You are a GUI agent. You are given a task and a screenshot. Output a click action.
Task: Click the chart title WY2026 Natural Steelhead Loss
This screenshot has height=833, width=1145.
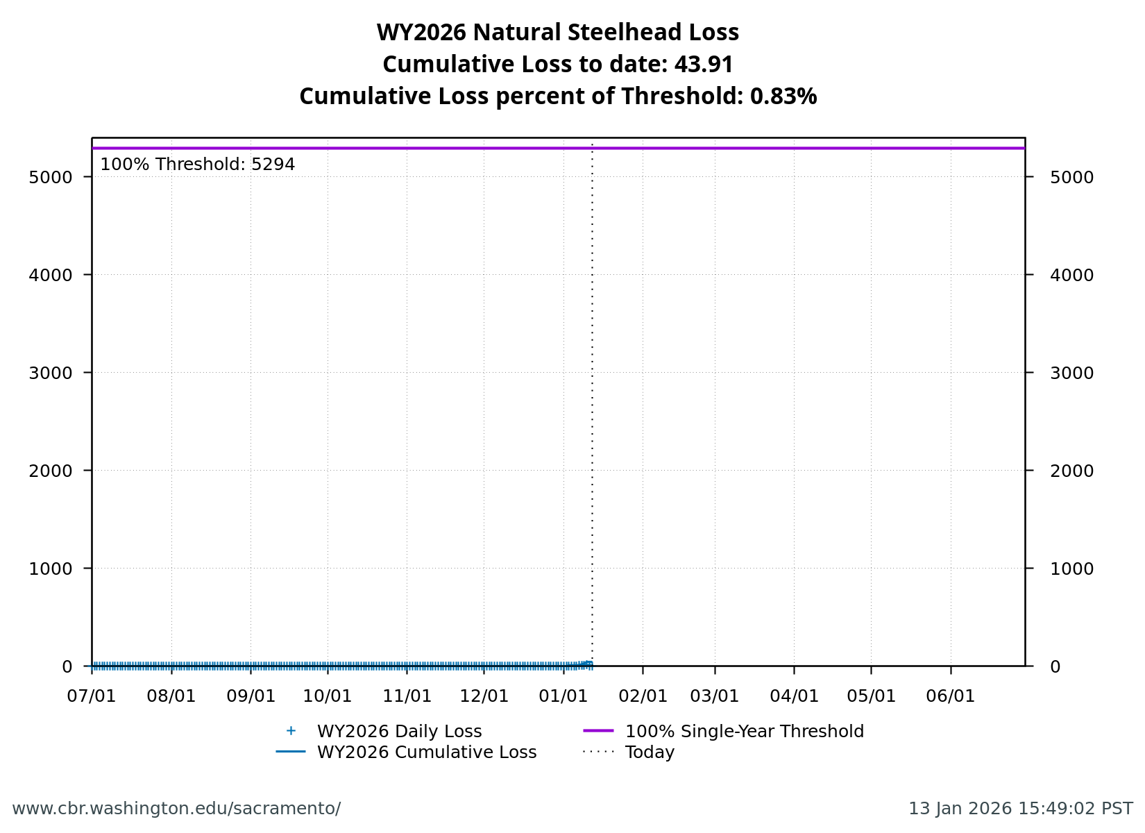[x=557, y=33]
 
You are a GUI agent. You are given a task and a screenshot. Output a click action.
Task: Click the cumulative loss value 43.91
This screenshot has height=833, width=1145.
[x=704, y=65]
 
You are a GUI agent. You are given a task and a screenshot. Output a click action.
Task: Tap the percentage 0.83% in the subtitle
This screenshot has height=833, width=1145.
[x=783, y=96]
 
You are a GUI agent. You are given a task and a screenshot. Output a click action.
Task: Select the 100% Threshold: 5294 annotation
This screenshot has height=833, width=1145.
[x=197, y=165]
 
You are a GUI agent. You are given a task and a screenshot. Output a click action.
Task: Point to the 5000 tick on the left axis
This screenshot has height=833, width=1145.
[x=51, y=177]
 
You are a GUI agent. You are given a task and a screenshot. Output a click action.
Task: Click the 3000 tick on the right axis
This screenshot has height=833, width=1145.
[x=1071, y=373]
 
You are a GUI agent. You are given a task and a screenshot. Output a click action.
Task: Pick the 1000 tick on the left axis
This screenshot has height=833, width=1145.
[x=51, y=569]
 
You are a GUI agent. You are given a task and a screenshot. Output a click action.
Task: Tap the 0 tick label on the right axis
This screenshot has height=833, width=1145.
[x=1055, y=666]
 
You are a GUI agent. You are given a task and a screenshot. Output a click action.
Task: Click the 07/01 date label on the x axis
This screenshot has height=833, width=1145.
[x=92, y=696]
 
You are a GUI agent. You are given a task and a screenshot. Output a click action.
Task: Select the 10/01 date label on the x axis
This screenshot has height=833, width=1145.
[x=328, y=696]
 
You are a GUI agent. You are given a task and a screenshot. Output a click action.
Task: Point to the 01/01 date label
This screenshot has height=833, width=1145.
[x=563, y=696]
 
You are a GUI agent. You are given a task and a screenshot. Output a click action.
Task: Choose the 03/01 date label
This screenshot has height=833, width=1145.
[x=715, y=696]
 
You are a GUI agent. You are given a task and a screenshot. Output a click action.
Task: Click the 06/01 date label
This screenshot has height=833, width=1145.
[x=951, y=696]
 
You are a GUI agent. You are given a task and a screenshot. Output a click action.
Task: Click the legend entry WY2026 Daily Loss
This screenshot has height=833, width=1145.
[x=399, y=732]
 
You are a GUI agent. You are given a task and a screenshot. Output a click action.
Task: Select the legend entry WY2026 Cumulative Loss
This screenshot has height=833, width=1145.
[x=426, y=752]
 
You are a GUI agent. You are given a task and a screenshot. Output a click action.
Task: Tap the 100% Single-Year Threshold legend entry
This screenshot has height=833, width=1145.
[x=744, y=732]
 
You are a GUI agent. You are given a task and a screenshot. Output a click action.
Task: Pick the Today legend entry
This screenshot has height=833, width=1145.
[x=650, y=752]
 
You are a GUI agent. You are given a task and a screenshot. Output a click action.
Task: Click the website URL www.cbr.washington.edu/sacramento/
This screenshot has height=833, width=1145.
[x=176, y=809]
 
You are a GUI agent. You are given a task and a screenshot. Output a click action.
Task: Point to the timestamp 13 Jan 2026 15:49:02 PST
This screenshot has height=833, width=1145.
[x=1020, y=809]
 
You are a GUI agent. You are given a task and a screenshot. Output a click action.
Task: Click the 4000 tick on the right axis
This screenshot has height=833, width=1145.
[x=1071, y=275]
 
